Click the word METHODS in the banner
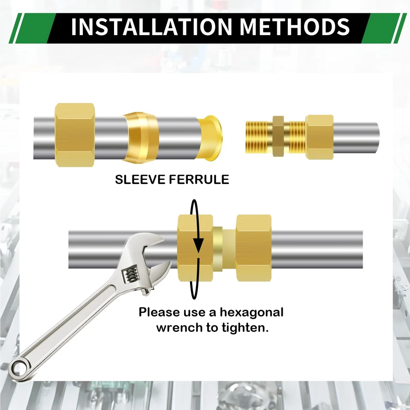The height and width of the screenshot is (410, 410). pyautogui.click(x=295, y=26)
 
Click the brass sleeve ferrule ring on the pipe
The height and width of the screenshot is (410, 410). pyautogui.click(x=141, y=137)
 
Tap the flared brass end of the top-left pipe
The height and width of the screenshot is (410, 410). pyautogui.click(x=212, y=137)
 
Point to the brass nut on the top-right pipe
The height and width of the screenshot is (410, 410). pyautogui.click(x=319, y=137)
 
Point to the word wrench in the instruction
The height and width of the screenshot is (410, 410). pyautogui.click(x=176, y=328)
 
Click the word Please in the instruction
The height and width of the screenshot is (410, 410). pyautogui.click(x=158, y=313)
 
